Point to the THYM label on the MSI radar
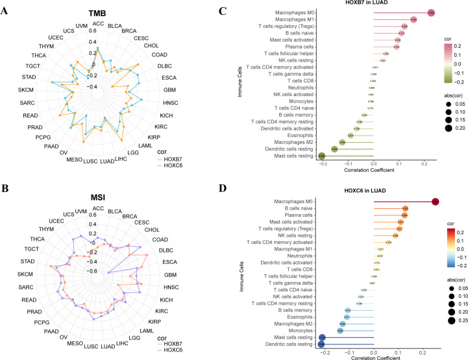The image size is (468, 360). [28, 230]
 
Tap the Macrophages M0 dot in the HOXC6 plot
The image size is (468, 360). [436, 202]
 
